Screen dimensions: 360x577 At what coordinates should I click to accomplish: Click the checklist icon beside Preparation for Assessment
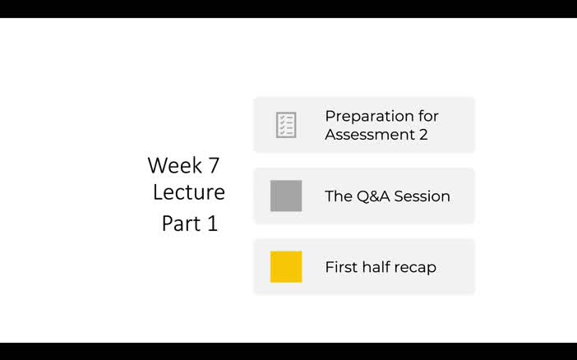(x=286, y=125)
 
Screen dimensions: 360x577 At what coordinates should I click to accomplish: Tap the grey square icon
(x=286, y=196)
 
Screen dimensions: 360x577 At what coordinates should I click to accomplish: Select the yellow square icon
(x=286, y=267)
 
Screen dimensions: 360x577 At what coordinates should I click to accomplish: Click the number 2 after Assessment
(x=423, y=134)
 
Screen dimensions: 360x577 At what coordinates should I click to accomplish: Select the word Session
(x=422, y=196)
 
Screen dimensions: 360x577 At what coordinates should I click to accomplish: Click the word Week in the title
(x=173, y=165)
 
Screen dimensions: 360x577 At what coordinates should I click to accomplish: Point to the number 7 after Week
(x=214, y=165)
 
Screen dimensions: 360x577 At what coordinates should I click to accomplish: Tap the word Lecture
(x=189, y=192)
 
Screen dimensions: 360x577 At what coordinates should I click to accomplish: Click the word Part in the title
(x=179, y=224)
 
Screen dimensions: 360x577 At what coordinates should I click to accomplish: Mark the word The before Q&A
(x=338, y=196)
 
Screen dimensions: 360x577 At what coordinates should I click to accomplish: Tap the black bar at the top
(x=288, y=8)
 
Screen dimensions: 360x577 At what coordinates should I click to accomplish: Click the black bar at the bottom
(x=288, y=351)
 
